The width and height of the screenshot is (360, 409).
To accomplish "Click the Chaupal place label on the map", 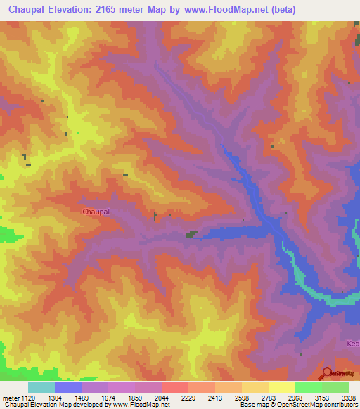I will pos(96,211).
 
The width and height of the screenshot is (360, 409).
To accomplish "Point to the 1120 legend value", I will pos(27,397).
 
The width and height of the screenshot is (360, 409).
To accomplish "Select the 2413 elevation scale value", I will pos(215,397).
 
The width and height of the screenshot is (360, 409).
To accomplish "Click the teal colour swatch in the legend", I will pos(41,387).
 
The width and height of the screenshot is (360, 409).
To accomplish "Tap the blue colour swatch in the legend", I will pos(67,387).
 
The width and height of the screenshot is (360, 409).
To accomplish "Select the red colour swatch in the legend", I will pos(174,387).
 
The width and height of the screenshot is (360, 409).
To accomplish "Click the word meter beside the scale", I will pos(10,397).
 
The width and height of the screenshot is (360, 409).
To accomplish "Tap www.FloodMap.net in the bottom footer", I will pos(141,405).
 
